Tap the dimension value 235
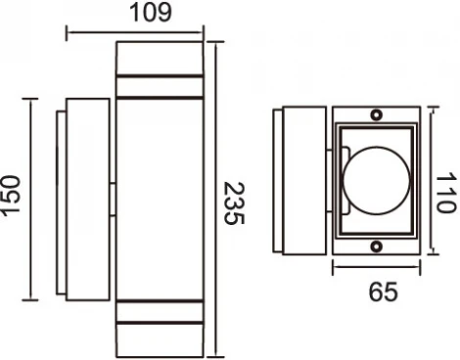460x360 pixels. (x=233, y=203)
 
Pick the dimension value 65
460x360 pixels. (x=376, y=292)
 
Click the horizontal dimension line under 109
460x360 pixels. (x=135, y=32)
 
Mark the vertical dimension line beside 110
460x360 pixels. (x=431, y=183)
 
